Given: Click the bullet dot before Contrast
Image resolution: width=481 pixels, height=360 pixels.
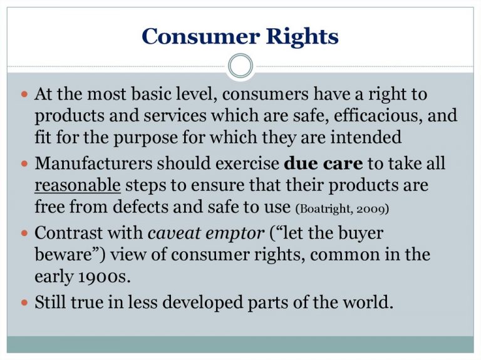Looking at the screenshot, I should click(24, 234).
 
